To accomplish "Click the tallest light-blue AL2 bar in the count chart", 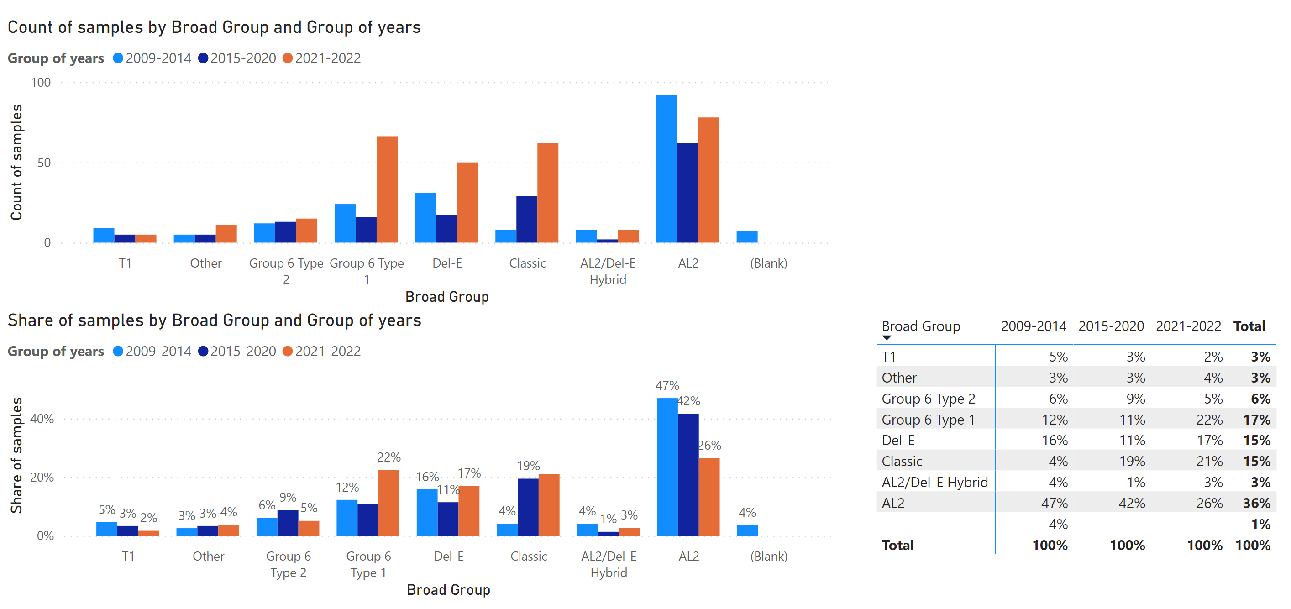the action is click(666, 169).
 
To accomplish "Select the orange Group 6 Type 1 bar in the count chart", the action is click(387, 189).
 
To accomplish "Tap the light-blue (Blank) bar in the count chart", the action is click(747, 237).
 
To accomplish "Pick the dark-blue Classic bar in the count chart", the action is click(527, 220).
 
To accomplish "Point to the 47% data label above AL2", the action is click(667, 385).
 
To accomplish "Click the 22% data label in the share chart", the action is click(389, 457).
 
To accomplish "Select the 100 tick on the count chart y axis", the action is click(41, 82).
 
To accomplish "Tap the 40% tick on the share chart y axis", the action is click(42, 419).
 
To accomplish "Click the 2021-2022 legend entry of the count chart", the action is click(322, 58).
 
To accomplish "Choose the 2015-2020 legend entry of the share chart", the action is click(237, 352).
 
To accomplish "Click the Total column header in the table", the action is click(1249, 326).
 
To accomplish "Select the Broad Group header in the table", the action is click(921, 326).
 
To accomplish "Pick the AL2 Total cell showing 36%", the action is click(1256, 503).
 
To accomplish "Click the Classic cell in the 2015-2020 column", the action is click(1132, 461).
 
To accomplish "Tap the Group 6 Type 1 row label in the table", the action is click(928, 420).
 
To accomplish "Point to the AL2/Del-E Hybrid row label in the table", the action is click(934, 482).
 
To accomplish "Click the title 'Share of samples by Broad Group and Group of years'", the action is click(215, 320).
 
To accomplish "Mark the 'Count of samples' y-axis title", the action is click(16, 163).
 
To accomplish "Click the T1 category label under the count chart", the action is click(125, 263).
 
